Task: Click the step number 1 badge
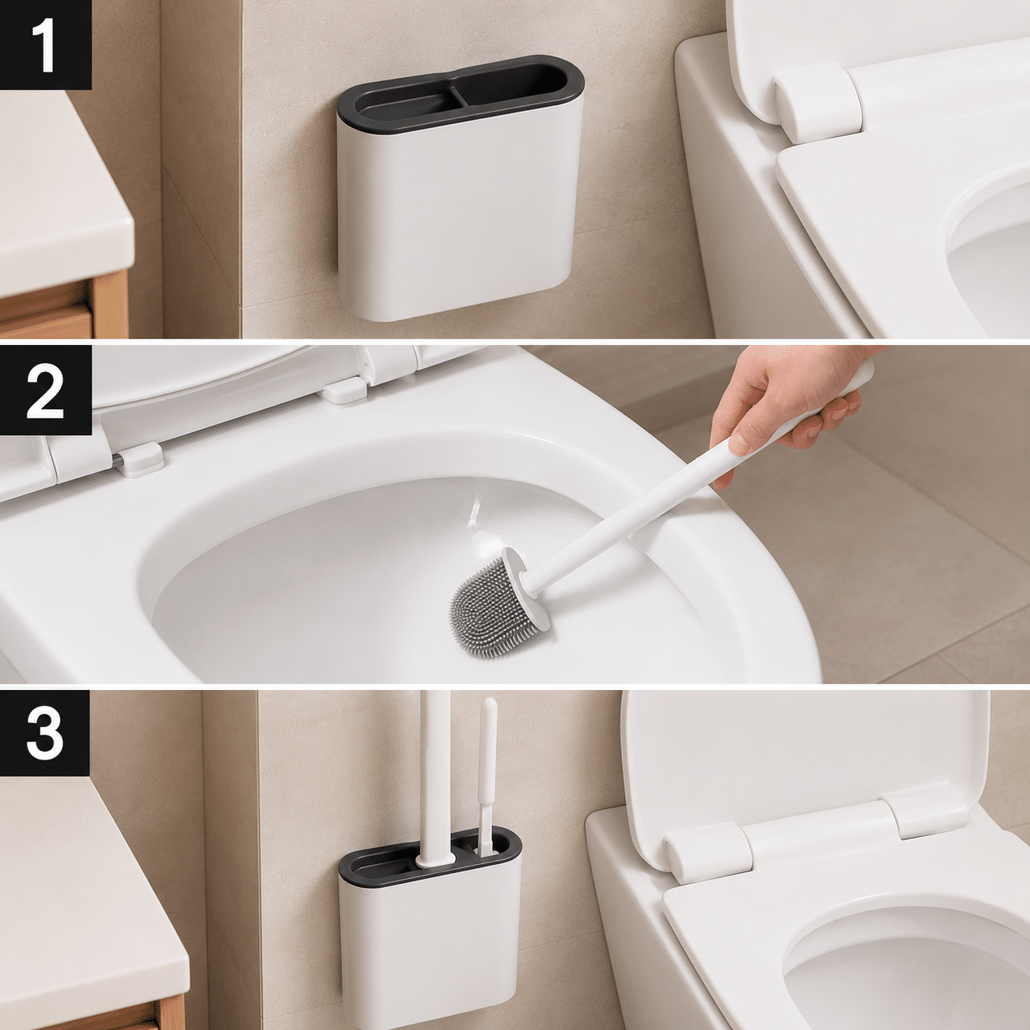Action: (x=45, y=44)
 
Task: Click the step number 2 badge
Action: (x=45, y=389)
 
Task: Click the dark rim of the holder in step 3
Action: (x=430, y=861)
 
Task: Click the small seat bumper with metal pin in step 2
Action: (x=140, y=459)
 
